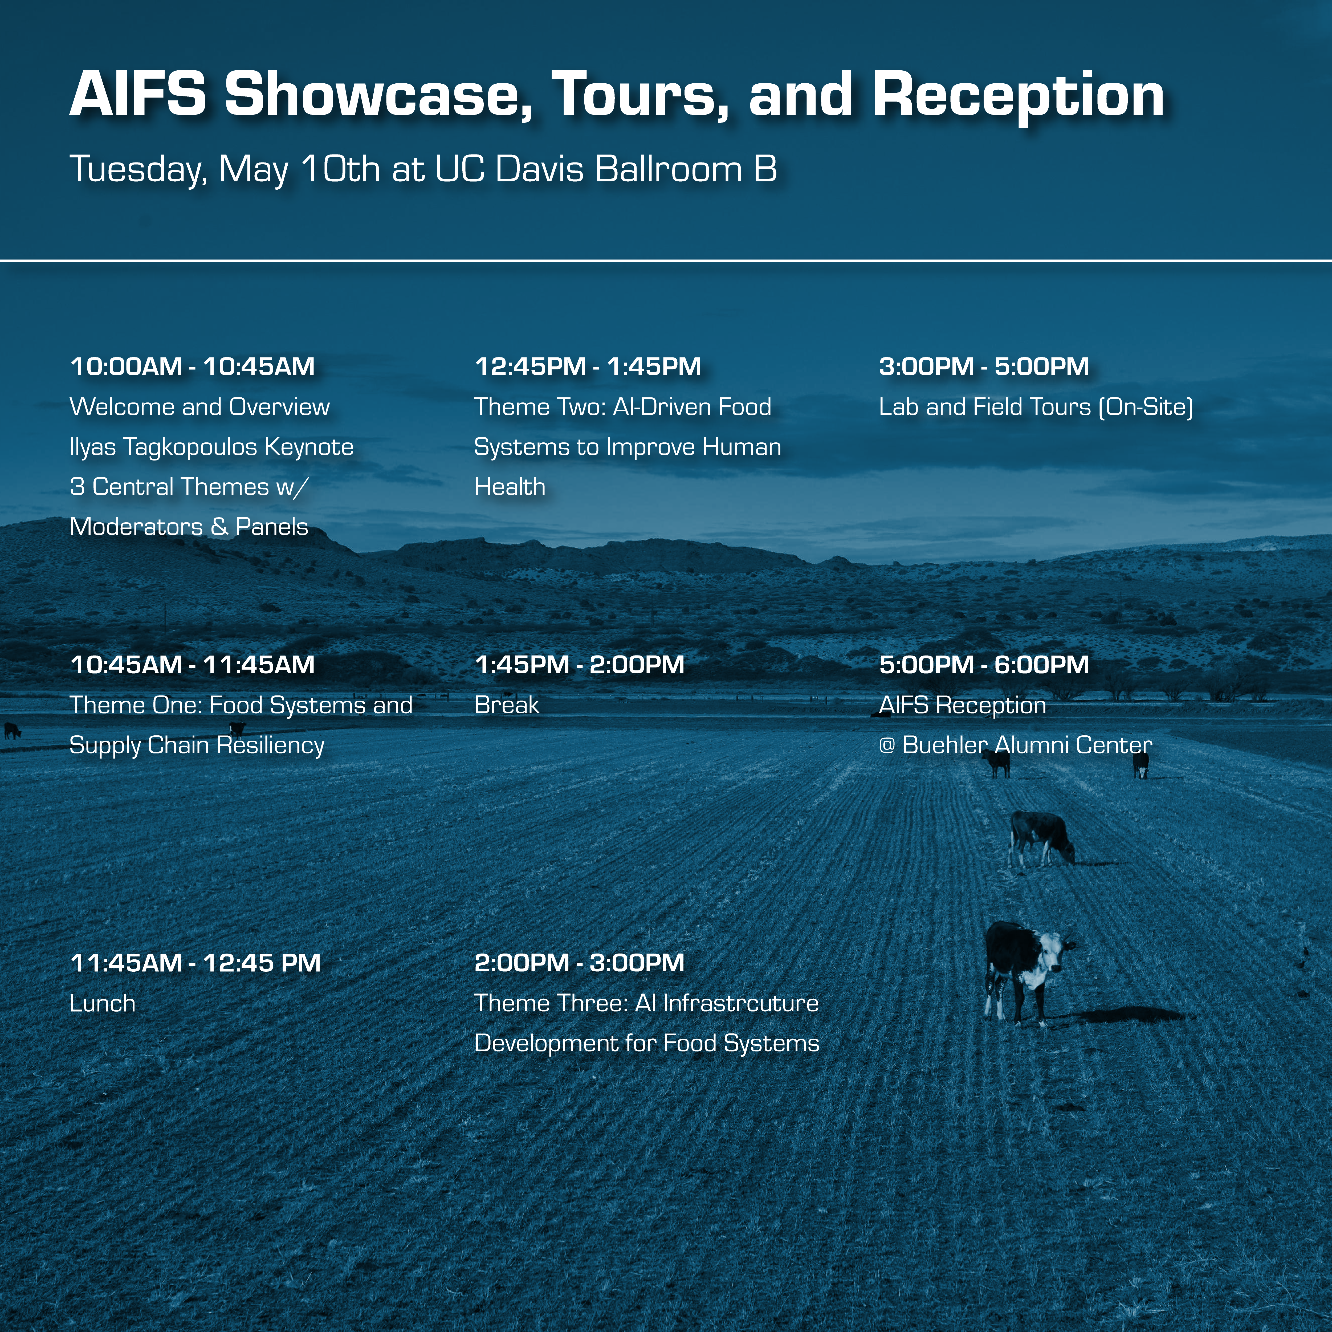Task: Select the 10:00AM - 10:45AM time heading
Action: [192, 366]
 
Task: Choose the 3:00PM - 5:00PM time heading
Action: [984, 366]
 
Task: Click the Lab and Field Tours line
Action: [1036, 407]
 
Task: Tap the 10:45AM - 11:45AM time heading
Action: [192, 665]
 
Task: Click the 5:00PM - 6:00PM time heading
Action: [984, 665]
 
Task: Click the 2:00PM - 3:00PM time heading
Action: [579, 963]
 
